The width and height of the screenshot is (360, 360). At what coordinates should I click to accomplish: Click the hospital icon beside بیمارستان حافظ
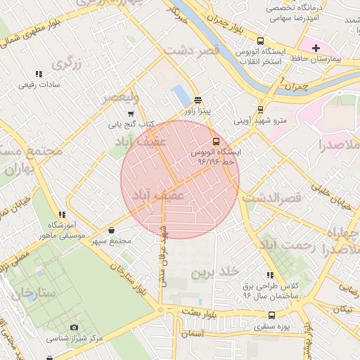(x=316, y=48)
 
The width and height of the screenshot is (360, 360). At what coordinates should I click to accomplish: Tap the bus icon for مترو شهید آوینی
(x=261, y=109)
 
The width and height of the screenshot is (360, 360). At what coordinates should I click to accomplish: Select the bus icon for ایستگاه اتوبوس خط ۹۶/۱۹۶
(x=215, y=140)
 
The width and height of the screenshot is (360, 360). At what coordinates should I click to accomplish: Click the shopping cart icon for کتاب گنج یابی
(x=130, y=114)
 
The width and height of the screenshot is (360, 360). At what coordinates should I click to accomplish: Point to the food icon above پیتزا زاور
(x=198, y=99)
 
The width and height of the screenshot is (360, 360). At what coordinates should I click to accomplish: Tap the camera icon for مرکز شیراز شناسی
(x=75, y=327)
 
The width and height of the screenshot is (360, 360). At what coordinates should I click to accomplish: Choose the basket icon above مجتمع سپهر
(x=112, y=230)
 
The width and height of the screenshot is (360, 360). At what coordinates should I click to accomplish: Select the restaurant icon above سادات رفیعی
(x=38, y=73)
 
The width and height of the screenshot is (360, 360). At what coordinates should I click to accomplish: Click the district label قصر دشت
(x=191, y=50)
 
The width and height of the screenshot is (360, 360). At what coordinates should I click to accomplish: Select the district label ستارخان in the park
(x=32, y=290)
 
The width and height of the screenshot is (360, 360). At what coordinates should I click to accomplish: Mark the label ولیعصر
(x=120, y=96)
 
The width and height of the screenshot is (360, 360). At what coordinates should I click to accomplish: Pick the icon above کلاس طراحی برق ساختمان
(x=269, y=275)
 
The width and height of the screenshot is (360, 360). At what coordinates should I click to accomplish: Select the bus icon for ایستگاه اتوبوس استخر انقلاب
(x=261, y=41)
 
